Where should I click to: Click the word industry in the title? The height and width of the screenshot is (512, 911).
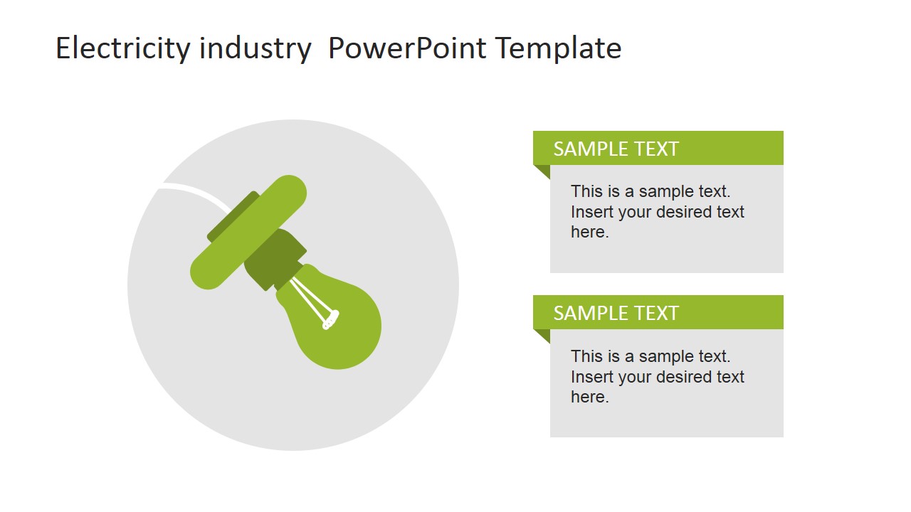255,48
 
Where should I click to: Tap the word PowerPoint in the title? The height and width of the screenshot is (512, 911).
407,48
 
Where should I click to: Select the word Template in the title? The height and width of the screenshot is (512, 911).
558,48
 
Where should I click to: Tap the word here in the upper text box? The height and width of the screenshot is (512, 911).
588,233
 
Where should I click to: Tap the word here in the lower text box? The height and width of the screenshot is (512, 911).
588,398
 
